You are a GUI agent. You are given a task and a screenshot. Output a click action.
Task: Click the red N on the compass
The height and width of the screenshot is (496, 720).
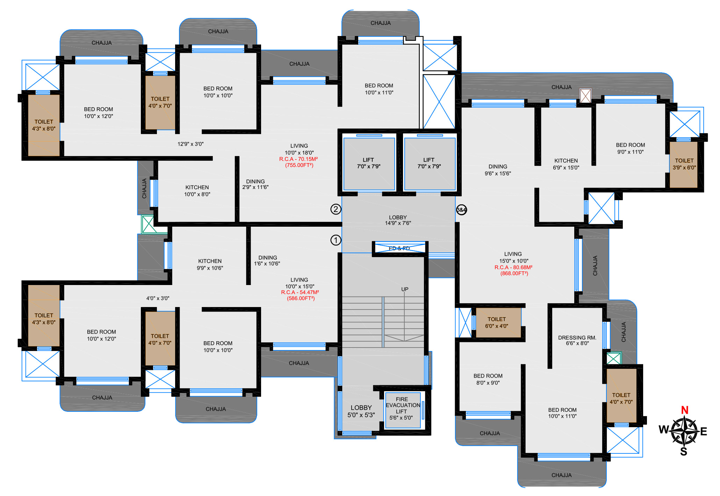[685, 410]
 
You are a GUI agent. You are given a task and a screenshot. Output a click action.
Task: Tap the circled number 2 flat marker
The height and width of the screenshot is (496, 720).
[336, 209]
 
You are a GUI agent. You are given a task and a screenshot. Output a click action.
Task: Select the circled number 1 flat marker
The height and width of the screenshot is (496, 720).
[336, 240]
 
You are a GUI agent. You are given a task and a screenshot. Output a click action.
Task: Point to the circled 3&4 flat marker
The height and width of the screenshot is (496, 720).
[461, 210]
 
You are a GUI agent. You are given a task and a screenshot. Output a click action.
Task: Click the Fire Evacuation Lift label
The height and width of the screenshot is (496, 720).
[402, 408]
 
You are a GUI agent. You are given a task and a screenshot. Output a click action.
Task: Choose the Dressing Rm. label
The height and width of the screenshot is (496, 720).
[577, 341]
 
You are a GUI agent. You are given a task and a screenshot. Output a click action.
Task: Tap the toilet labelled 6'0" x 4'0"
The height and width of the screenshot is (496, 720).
[497, 323]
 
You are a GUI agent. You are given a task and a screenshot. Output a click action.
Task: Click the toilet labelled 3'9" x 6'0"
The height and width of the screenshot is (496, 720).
[684, 164]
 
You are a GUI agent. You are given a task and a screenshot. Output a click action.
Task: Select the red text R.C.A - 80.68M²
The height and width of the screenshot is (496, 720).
[513, 268]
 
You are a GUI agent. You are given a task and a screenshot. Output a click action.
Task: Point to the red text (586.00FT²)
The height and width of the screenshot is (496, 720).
[301, 299]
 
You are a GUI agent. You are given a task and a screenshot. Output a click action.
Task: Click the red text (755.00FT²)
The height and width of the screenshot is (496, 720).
[299, 165]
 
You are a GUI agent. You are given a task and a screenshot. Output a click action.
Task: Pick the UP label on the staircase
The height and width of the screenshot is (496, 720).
[405, 289]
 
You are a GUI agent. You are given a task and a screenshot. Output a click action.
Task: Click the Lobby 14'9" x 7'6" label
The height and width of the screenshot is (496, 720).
[398, 220]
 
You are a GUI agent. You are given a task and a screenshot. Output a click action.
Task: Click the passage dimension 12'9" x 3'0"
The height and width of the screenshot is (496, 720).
[190, 144]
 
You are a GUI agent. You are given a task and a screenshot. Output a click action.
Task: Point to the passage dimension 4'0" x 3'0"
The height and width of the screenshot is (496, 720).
[158, 298]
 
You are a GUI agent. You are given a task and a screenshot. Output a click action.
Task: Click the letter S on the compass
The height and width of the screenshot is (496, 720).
[684, 452]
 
